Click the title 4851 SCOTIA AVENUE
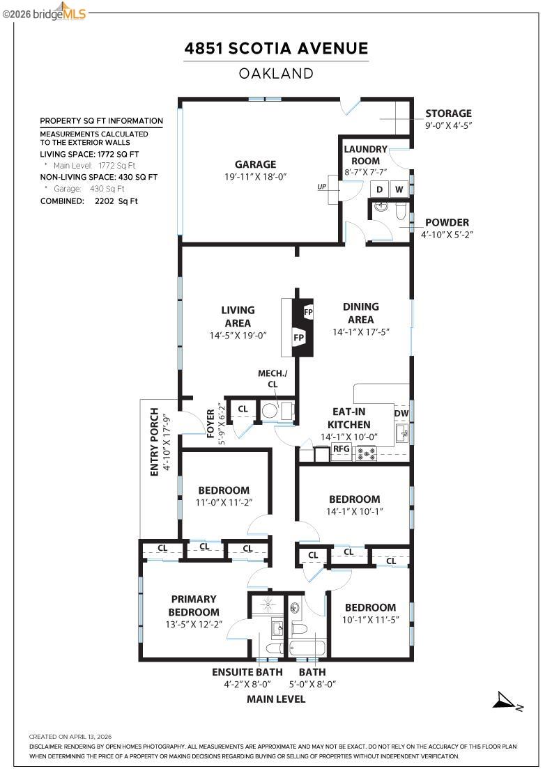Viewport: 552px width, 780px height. [275, 49]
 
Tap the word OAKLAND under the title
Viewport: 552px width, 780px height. [276, 74]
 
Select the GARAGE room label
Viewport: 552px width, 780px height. [255, 164]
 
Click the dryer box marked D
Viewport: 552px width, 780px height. [381, 189]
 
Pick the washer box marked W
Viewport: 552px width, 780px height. [399, 189]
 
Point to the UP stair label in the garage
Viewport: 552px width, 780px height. [322, 187]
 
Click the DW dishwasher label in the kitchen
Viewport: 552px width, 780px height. [401, 414]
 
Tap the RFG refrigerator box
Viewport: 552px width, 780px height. [342, 449]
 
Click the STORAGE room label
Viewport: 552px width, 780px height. [448, 114]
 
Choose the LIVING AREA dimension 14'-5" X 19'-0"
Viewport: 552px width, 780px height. [238, 335]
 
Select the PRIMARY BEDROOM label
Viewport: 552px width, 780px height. [194, 605]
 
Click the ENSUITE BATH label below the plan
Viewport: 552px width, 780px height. [247, 672]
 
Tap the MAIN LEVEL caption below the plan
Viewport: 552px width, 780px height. [276, 699]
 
